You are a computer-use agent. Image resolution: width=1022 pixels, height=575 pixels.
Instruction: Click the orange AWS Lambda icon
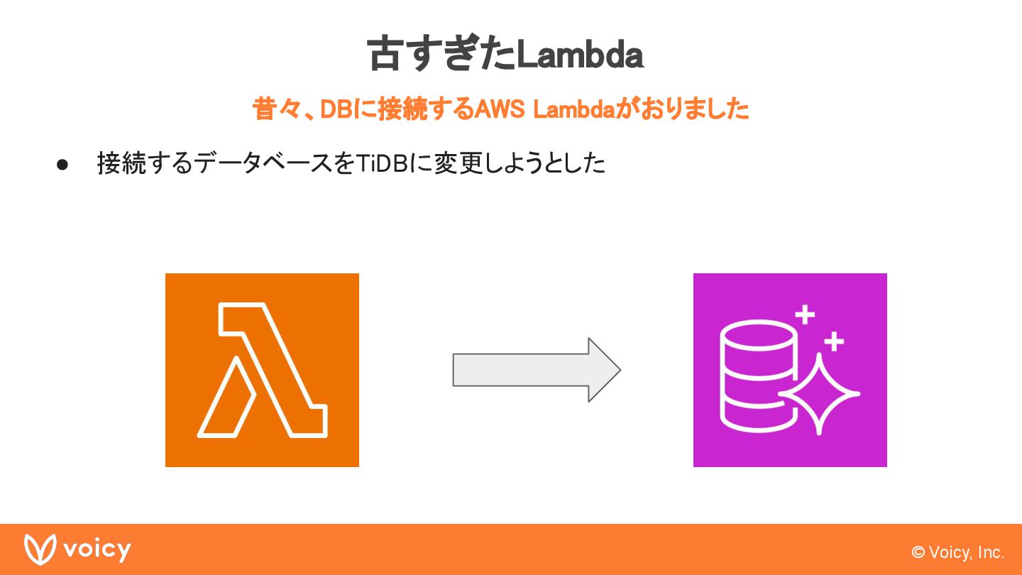coord(262,370)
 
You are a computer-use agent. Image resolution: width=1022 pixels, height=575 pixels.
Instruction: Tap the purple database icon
coord(790,370)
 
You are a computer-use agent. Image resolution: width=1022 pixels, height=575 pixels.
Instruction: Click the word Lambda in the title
coord(579,55)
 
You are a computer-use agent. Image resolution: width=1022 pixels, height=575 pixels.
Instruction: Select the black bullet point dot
coord(62,164)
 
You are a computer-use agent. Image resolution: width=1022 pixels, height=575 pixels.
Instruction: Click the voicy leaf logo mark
coord(40,549)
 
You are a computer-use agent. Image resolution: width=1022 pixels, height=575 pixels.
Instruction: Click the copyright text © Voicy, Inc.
coord(957,552)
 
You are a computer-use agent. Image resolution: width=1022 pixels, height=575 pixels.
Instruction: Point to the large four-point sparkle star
coord(820,393)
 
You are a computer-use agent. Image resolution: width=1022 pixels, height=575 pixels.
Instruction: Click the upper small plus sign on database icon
coord(804,314)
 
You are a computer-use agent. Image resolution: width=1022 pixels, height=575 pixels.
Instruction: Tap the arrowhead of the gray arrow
coord(603,370)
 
